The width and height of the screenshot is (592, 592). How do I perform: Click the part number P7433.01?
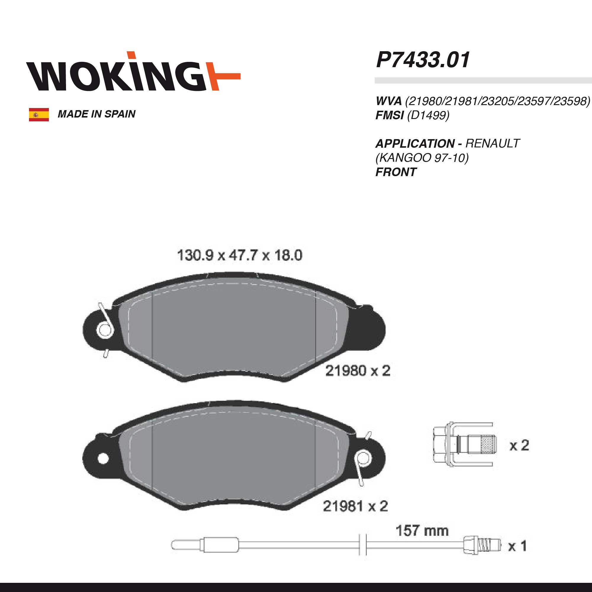[423, 60]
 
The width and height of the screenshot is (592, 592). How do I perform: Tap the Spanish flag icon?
[39, 115]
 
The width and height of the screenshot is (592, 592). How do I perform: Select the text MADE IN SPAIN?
[96, 114]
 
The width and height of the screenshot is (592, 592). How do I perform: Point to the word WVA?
[389, 101]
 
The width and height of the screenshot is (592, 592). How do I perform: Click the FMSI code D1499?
[428, 115]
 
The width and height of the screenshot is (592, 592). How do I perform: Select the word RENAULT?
[493, 143]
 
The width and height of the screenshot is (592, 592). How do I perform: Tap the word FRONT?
[396, 172]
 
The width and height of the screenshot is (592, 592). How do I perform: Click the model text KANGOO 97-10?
[422, 158]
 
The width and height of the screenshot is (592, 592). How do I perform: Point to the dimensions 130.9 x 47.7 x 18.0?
[240, 255]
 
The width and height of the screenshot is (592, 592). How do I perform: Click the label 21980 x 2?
[358, 371]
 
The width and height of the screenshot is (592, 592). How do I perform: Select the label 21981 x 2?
[355, 506]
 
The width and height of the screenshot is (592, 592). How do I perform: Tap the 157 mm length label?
[422, 531]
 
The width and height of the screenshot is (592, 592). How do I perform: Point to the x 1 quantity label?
[517, 546]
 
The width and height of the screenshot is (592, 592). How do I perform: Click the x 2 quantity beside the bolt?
[519, 445]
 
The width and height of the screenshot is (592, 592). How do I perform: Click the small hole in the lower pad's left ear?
[103, 459]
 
